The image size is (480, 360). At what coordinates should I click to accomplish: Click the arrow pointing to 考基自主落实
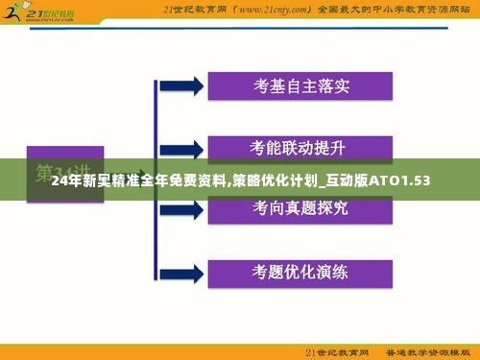click(188, 85)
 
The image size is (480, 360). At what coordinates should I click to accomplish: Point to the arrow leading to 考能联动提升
click(188, 147)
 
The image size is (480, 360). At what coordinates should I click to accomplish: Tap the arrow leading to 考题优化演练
click(188, 269)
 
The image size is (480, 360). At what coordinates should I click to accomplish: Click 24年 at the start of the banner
click(65, 180)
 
